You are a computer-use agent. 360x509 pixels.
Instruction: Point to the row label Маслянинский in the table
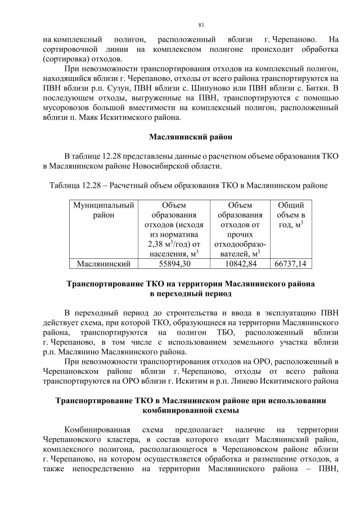pyautogui.click(x=103, y=263)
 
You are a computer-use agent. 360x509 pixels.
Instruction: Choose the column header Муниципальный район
pyautogui.click(x=103, y=210)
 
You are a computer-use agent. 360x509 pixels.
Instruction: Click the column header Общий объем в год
pyautogui.click(x=291, y=215)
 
